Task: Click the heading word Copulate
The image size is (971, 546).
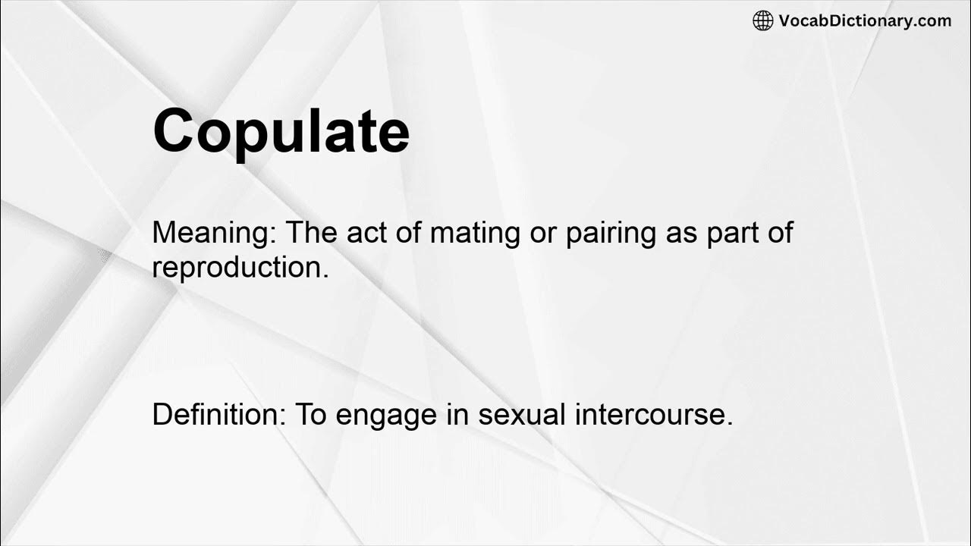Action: [281, 131]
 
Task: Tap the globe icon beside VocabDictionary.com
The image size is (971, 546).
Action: [762, 21]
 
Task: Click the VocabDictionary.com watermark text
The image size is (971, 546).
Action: [865, 21]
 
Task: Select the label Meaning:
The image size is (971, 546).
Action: [214, 233]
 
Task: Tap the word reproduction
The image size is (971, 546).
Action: [240, 267]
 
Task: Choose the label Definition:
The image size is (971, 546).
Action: [218, 414]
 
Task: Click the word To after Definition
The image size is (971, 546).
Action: [310, 414]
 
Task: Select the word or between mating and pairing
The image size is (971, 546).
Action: [542, 233]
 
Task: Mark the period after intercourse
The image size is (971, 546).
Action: [729, 422]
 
